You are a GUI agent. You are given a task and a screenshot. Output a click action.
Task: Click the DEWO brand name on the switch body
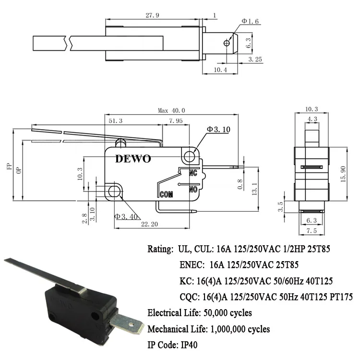[x=133, y=159]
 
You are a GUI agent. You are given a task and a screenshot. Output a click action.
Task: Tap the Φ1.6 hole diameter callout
[x=250, y=21]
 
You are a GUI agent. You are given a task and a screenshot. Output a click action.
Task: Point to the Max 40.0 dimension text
[x=171, y=110]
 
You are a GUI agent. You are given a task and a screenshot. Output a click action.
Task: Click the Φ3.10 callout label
[x=218, y=130]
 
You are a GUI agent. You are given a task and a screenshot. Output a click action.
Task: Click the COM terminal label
[x=166, y=194]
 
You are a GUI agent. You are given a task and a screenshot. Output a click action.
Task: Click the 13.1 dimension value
[x=255, y=186]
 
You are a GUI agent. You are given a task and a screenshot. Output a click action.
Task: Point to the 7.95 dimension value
[x=176, y=121]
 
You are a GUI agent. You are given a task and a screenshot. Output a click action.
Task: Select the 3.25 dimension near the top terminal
[x=254, y=59]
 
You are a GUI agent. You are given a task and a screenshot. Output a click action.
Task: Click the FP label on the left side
[x=8, y=167]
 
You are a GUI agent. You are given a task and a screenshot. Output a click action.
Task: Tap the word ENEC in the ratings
[x=192, y=264]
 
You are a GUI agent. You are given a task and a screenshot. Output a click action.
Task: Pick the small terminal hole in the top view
[x=227, y=43]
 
